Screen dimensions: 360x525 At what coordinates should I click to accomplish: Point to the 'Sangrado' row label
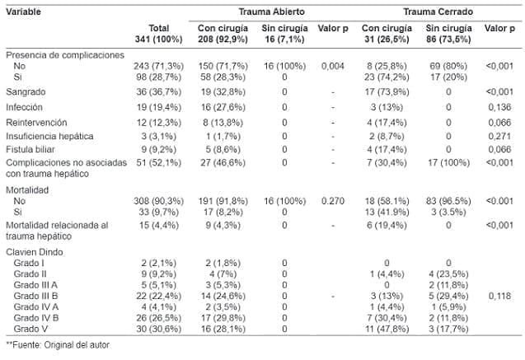pos(26,91)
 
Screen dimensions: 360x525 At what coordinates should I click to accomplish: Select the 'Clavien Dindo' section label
pos(34,251)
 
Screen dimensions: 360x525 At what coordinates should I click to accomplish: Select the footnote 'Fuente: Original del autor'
pos(57,346)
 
